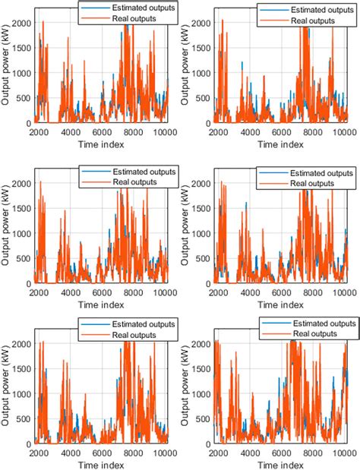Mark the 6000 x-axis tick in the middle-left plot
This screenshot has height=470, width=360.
coord(102,291)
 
